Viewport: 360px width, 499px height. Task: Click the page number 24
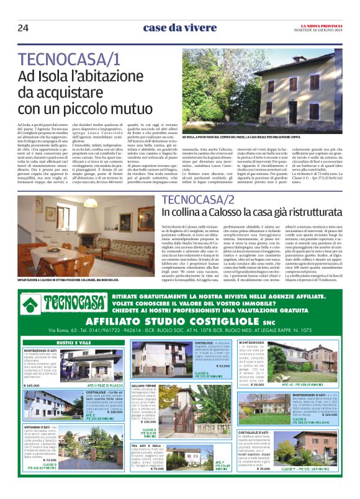(23, 27)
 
